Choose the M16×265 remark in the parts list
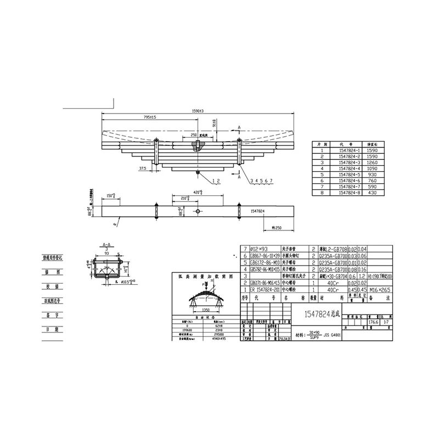tap(378, 290)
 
